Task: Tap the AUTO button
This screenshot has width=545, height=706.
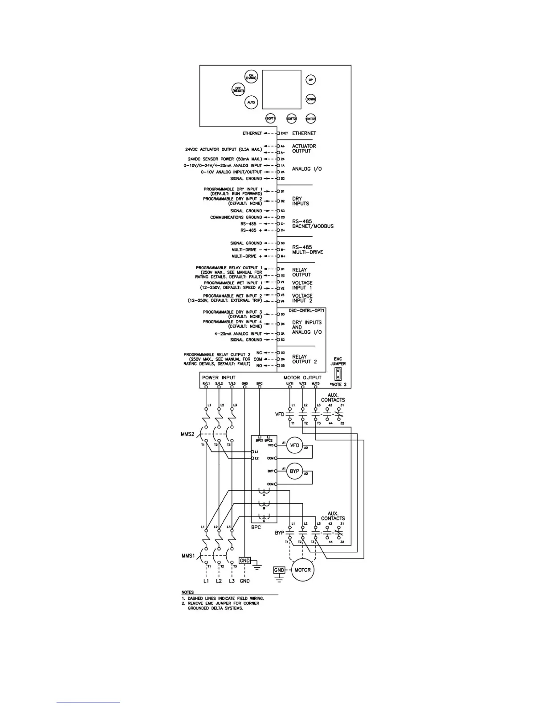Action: [x=251, y=103]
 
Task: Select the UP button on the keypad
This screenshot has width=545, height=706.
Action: [x=311, y=80]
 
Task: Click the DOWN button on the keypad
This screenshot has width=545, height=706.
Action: [x=311, y=99]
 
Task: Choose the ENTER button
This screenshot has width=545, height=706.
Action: [x=311, y=119]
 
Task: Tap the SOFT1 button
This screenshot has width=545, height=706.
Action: [x=271, y=119]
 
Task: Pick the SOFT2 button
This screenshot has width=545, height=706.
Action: [x=291, y=119]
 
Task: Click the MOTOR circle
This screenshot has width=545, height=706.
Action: [x=302, y=570]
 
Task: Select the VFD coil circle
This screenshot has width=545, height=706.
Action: [x=294, y=445]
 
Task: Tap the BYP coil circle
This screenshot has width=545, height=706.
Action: [x=294, y=471]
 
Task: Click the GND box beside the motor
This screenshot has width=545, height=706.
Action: [x=279, y=570]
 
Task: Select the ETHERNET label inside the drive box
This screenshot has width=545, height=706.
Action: [x=304, y=133]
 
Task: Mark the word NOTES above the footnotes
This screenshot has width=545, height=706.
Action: [x=187, y=592]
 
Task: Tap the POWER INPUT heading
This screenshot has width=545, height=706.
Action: [x=219, y=378]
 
